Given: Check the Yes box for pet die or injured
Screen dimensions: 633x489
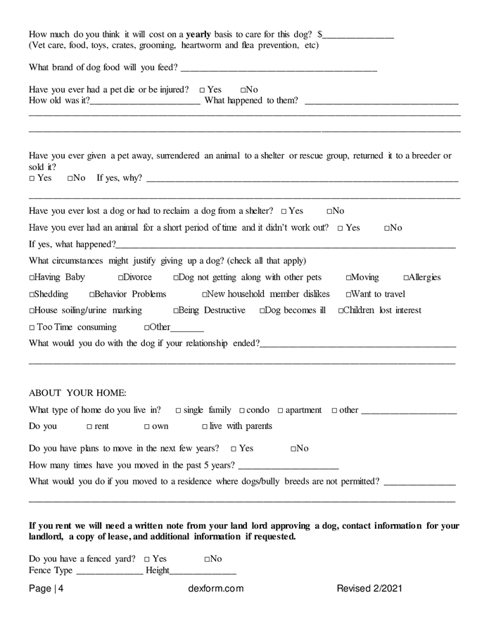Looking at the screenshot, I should click(x=202, y=90).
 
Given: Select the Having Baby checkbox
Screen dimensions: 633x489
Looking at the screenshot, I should click(x=32, y=278).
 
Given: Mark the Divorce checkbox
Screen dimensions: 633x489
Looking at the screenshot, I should click(x=121, y=278).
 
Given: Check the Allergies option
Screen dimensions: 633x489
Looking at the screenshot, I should click(x=406, y=278).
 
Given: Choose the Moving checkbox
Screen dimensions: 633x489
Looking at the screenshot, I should click(x=348, y=278).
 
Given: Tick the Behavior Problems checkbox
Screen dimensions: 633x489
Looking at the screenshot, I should click(x=92, y=295).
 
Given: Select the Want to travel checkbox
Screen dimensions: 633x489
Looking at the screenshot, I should click(x=348, y=295).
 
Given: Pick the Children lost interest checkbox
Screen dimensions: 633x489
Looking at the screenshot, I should click(x=341, y=311).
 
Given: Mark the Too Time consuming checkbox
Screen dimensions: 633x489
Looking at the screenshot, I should click(x=32, y=328).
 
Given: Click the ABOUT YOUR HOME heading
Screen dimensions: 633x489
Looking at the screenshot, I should click(x=77, y=392).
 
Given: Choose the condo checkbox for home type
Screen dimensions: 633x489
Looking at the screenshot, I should click(x=241, y=411).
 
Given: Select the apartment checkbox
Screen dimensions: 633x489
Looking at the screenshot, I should click(x=280, y=411).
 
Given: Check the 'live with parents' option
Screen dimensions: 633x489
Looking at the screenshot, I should click(x=205, y=427).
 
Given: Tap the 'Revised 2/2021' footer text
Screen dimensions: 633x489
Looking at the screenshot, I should click(x=369, y=589).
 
